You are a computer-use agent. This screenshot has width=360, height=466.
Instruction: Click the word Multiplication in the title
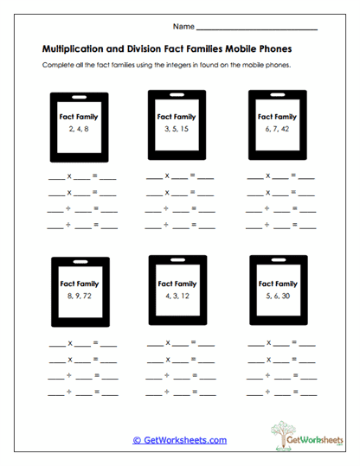[75, 50]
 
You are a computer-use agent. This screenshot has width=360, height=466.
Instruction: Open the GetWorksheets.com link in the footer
[180, 439]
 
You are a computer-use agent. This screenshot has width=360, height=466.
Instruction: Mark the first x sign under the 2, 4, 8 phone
[69, 175]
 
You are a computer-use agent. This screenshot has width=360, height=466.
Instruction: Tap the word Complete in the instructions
[58, 67]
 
